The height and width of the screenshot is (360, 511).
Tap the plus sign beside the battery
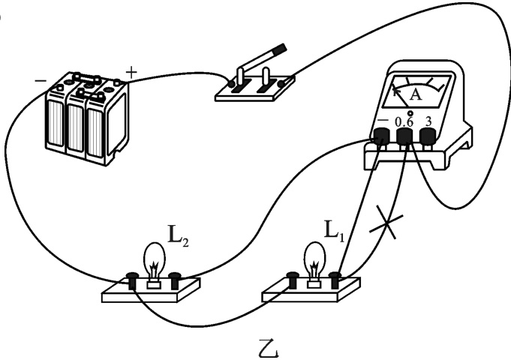(x=132, y=72)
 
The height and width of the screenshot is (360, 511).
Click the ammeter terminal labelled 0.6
(x=406, y=136)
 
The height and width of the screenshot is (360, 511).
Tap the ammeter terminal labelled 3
(x=428, y=136)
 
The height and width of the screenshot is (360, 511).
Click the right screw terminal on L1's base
(x=336, y=280)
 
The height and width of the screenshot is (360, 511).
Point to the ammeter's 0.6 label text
(x=406, y=120)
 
